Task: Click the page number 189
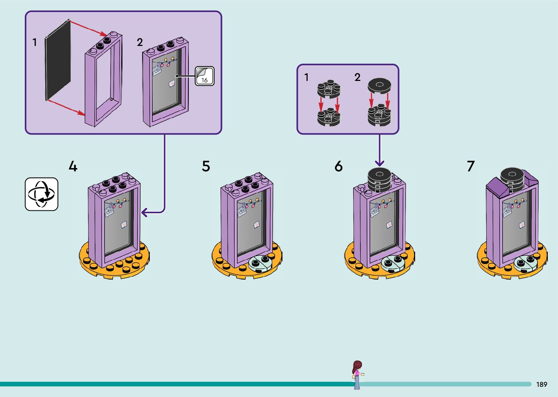click(x=542, y=384)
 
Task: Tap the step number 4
click(x=73, y=166)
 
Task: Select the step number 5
click(x=206, y=166)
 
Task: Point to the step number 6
click(x=339, y=166)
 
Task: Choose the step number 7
click(x=471, y=166)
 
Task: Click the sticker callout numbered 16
click(x=204, y=76)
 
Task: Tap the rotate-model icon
click(x=42, y=194)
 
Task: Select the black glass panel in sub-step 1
click(x=58, y=60)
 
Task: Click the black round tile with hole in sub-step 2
click(x=379, y=86)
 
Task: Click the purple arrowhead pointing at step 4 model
click(x=144, y=213)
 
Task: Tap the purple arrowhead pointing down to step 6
click(x=379, y=163)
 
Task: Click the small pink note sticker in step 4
click(x=124, y=225)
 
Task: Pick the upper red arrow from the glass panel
click(x=89, y=28)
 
